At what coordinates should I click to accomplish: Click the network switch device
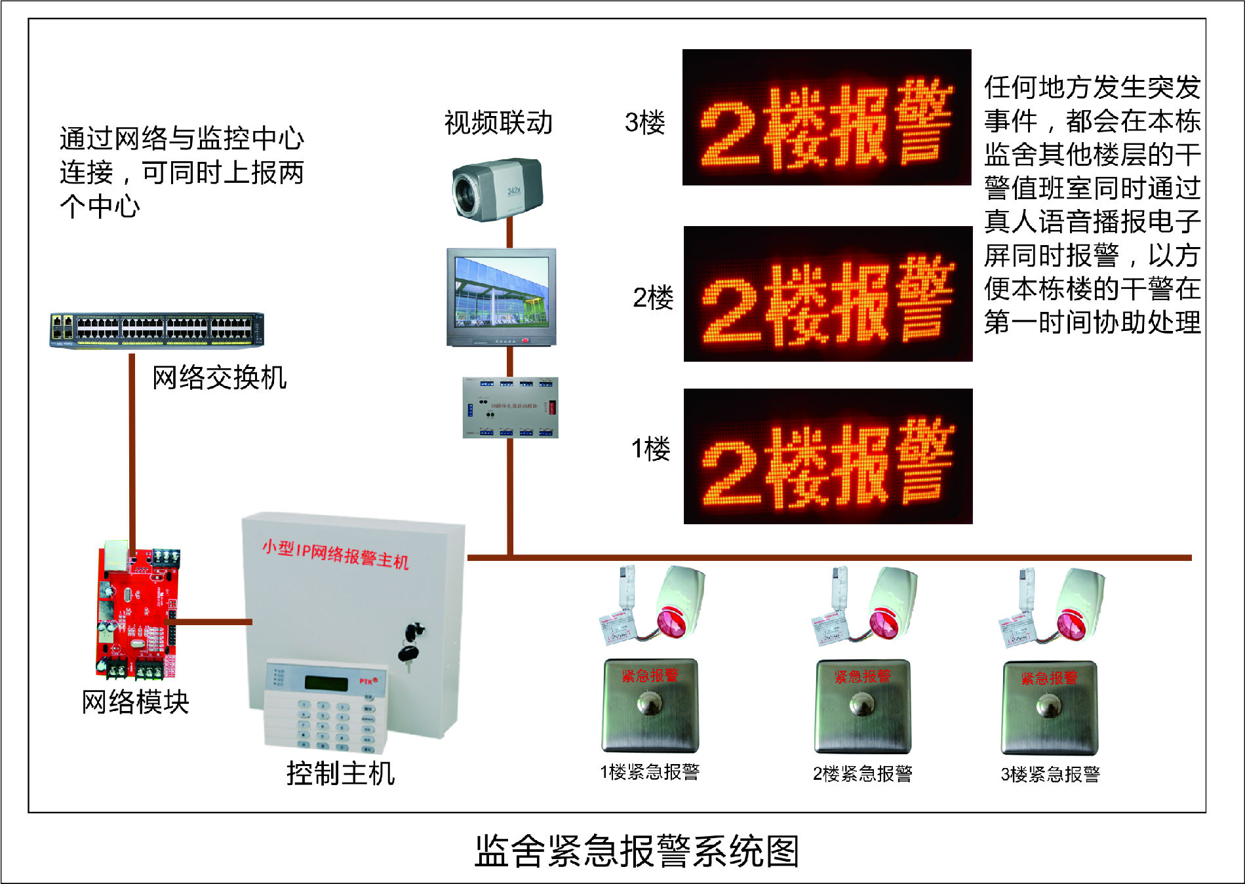pyautogui.click(x=157, y=330)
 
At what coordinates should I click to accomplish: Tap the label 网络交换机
pyautogui.click(x=219, y=378)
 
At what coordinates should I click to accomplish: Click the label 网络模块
pyautogui.click(x=135, y=702)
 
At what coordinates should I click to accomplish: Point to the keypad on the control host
pyautogui.click(x=326, y=708)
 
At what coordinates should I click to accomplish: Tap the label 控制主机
pyautogui.click(x=340, y=773)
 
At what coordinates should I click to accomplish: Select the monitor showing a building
pyautogui.click(x=502, y=296)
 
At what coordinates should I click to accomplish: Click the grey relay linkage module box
pyautogui.click(x=510, y=407)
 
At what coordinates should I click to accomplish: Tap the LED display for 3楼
pyautogui.click(x=826, y=118)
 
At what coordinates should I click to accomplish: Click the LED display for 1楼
pyautogui.click(x=827, y=457)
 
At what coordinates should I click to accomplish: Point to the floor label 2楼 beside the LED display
pyautogui.click(x=652, y=298)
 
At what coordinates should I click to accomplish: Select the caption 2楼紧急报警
pyautogui.click(x=862, y=774)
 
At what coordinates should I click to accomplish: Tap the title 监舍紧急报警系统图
pyautogui.click(x=636, y=851)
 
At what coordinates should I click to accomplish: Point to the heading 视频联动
pyautogui.click(x=498, y=123)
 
